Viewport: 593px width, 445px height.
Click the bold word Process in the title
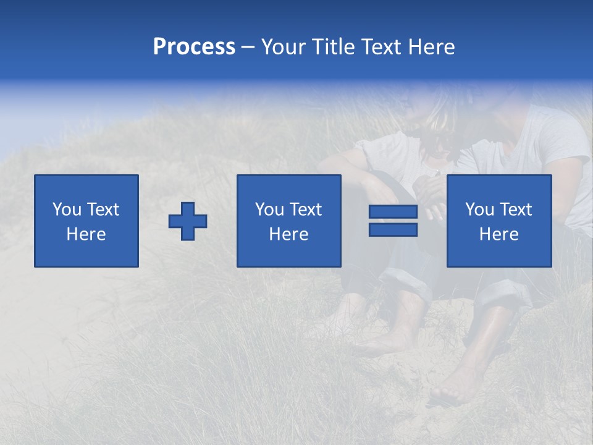point(194,47)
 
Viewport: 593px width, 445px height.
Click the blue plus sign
point(188,221)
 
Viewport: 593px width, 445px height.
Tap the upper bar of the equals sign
point(393,212)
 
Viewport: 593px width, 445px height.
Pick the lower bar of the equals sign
point(393,230)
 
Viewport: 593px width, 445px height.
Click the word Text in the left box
point(104,210)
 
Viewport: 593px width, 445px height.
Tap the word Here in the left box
point(86,234)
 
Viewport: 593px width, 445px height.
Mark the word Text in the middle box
point(306,210)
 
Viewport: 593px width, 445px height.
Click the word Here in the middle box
point(289,234)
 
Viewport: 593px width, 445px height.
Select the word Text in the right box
point(516,210)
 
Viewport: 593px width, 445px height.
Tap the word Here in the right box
point(499,234)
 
